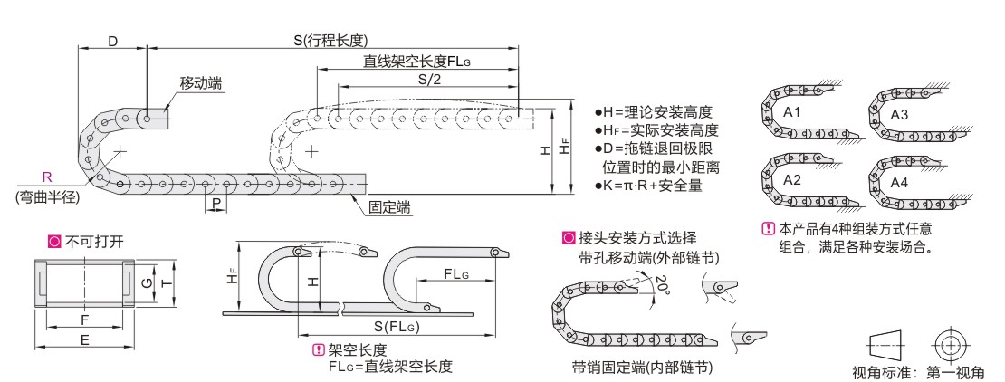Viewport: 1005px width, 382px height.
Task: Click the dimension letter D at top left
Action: pyautogui.click(x=112, y=41)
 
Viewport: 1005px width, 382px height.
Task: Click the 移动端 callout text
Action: pyautogui.click(x=202, y=83)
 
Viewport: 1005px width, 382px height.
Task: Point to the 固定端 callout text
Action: pyautogui.click(x=390, y=208)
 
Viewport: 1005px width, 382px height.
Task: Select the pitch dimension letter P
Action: pyautogui.click(x=215, y=205)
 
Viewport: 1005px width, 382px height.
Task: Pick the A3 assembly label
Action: pyautogui.click(x=899, y=114)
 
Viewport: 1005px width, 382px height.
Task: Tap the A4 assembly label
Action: pyautogui.click(x=899, y=181)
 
